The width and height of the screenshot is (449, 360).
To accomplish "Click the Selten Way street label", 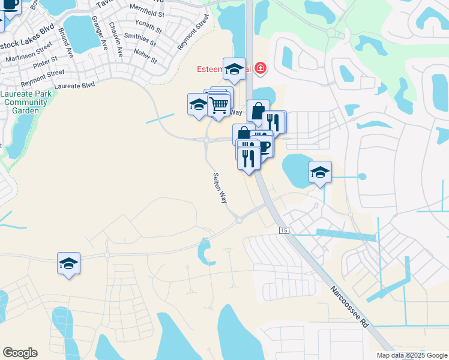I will (220, 188).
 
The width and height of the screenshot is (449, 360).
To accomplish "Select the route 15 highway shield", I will (284, 230).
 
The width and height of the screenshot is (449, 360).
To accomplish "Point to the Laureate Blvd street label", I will (74, 86).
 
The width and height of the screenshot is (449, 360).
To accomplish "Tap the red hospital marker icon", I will (260, 68).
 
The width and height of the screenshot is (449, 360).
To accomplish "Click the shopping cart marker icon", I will (219, 105).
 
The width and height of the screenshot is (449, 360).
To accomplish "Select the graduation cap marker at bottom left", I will (68, 263).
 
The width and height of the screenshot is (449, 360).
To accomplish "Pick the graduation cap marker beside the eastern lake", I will (320, 172).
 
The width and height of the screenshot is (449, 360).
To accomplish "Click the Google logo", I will (20, 353).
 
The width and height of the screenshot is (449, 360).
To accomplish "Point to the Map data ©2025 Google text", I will (412, 355).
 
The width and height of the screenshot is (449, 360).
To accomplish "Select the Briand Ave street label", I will (65, 45).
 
